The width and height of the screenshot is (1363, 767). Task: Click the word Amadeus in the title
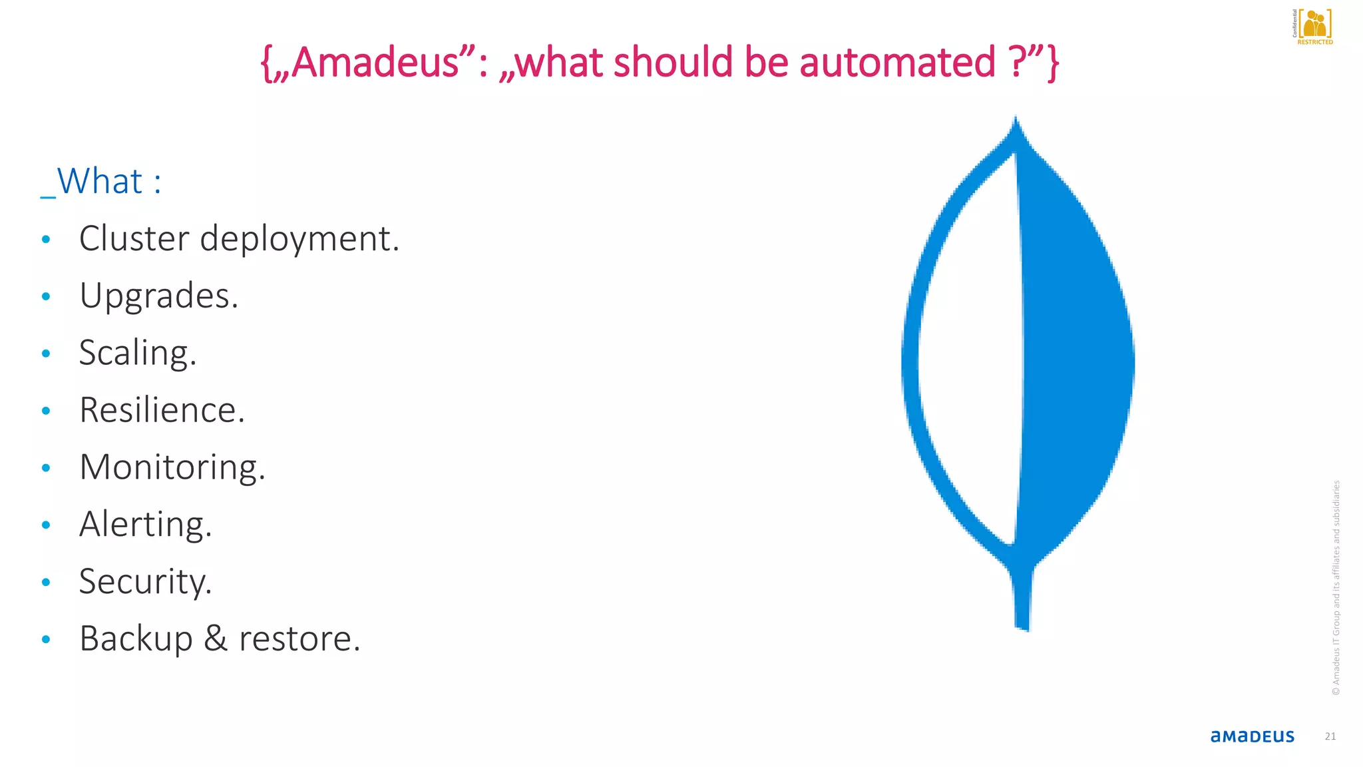375,62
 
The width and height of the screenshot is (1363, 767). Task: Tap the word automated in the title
897,62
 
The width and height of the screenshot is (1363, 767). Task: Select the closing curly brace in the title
1052,63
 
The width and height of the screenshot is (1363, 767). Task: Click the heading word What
100,181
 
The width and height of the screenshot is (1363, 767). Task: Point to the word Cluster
134,238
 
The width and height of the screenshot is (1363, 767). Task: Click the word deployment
299,240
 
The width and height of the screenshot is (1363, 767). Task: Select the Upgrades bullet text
158,296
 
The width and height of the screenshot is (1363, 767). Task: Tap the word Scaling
137,354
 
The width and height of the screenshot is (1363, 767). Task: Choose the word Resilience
162,410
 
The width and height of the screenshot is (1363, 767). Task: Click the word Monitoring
172,467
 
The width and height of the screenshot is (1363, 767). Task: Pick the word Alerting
145,525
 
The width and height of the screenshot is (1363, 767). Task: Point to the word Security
145,582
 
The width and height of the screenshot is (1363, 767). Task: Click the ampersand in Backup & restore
216,639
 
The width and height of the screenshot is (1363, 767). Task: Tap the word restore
299,639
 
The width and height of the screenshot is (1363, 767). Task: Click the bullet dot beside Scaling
46,354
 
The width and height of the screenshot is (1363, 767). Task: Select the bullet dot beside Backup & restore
46,640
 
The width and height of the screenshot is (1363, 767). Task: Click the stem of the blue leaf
1022,599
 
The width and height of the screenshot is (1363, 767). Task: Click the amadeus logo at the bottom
1252,736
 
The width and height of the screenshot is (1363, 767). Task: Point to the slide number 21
1330,736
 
